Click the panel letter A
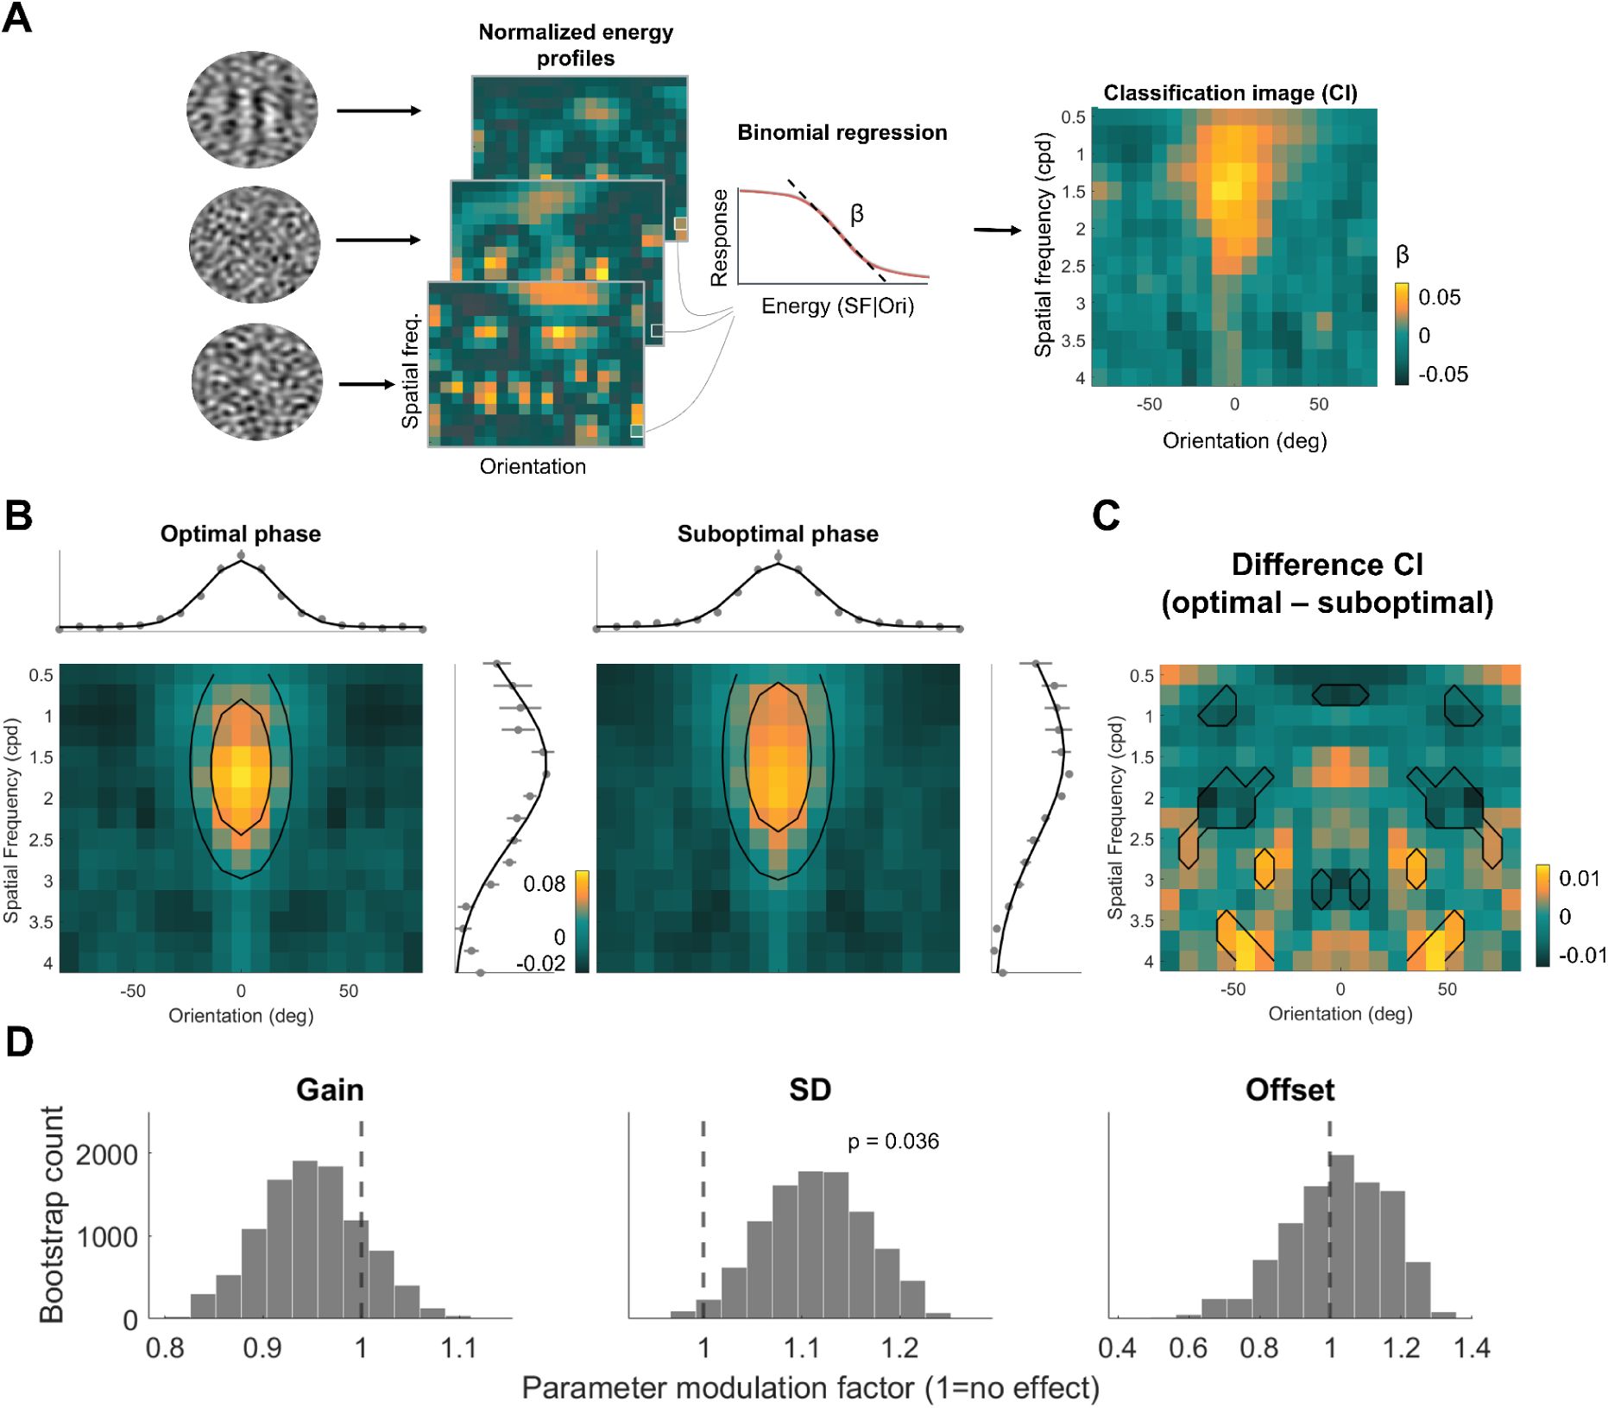pos(17,17)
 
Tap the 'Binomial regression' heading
pos(842,133)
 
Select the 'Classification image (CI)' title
pos(1230,93)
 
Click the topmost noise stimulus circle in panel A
pos(252,110)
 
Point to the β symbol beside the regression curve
pos(856,214)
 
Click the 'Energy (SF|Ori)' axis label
pos(837,306)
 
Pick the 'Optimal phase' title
pos(240,534)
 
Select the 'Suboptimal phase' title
pos(778,534)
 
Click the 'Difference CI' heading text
pos(1327,565)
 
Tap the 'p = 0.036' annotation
pos(892,1142)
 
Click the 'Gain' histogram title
pos(330,1090)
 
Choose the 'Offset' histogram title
pos(1290,1090)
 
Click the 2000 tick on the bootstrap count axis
pos(107,1155)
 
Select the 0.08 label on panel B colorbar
pos(544,884)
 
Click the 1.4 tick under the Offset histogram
pos(1472,1348)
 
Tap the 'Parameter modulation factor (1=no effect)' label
pos(810,1388)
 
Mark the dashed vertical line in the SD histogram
pos(703,1226)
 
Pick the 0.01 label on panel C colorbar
pos(1580,879)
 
